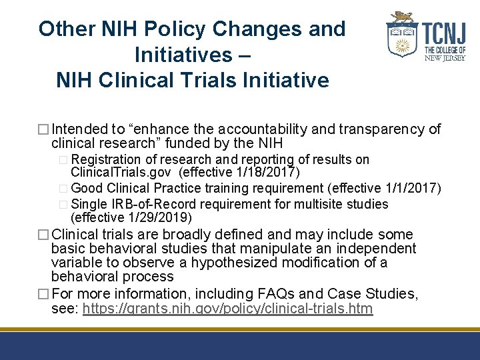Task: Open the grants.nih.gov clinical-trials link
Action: [x=228, y=309]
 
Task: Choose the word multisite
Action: [x=311, y=203]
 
